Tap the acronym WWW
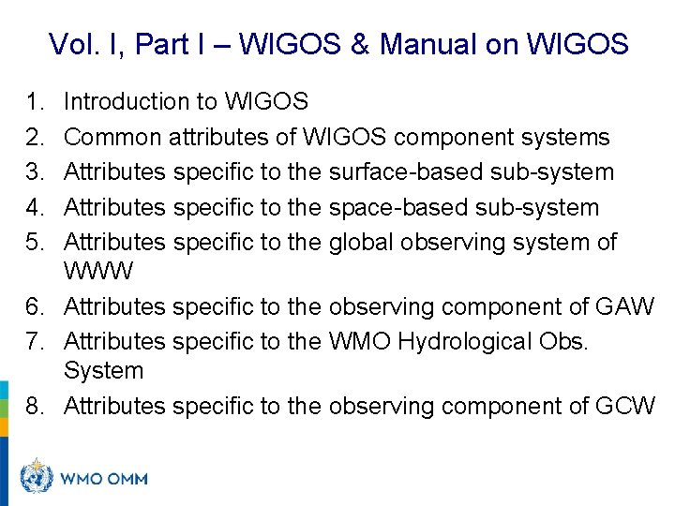pyautogui.click(x=99, y=272)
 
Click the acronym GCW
pyautogui.click(x=624, y=406)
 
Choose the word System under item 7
pyautogui.click(x=103, y=371)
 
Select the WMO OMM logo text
pyautogui.click(x=103, y=479)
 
